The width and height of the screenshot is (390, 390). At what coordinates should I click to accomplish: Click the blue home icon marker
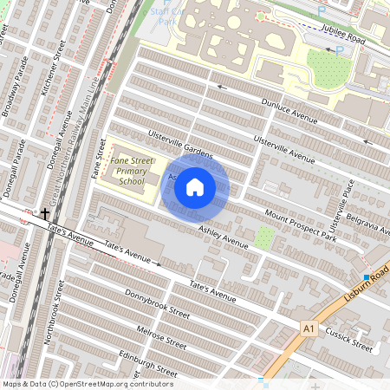(x=195, y=186)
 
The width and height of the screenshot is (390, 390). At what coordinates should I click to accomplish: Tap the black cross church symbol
(x=44, y=212)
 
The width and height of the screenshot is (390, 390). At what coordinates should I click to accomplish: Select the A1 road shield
(x=309, y=328)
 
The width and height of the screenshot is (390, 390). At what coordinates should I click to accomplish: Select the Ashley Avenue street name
(x=223, y=237)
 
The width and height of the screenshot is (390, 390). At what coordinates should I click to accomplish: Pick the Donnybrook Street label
(x=156, y=301)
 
